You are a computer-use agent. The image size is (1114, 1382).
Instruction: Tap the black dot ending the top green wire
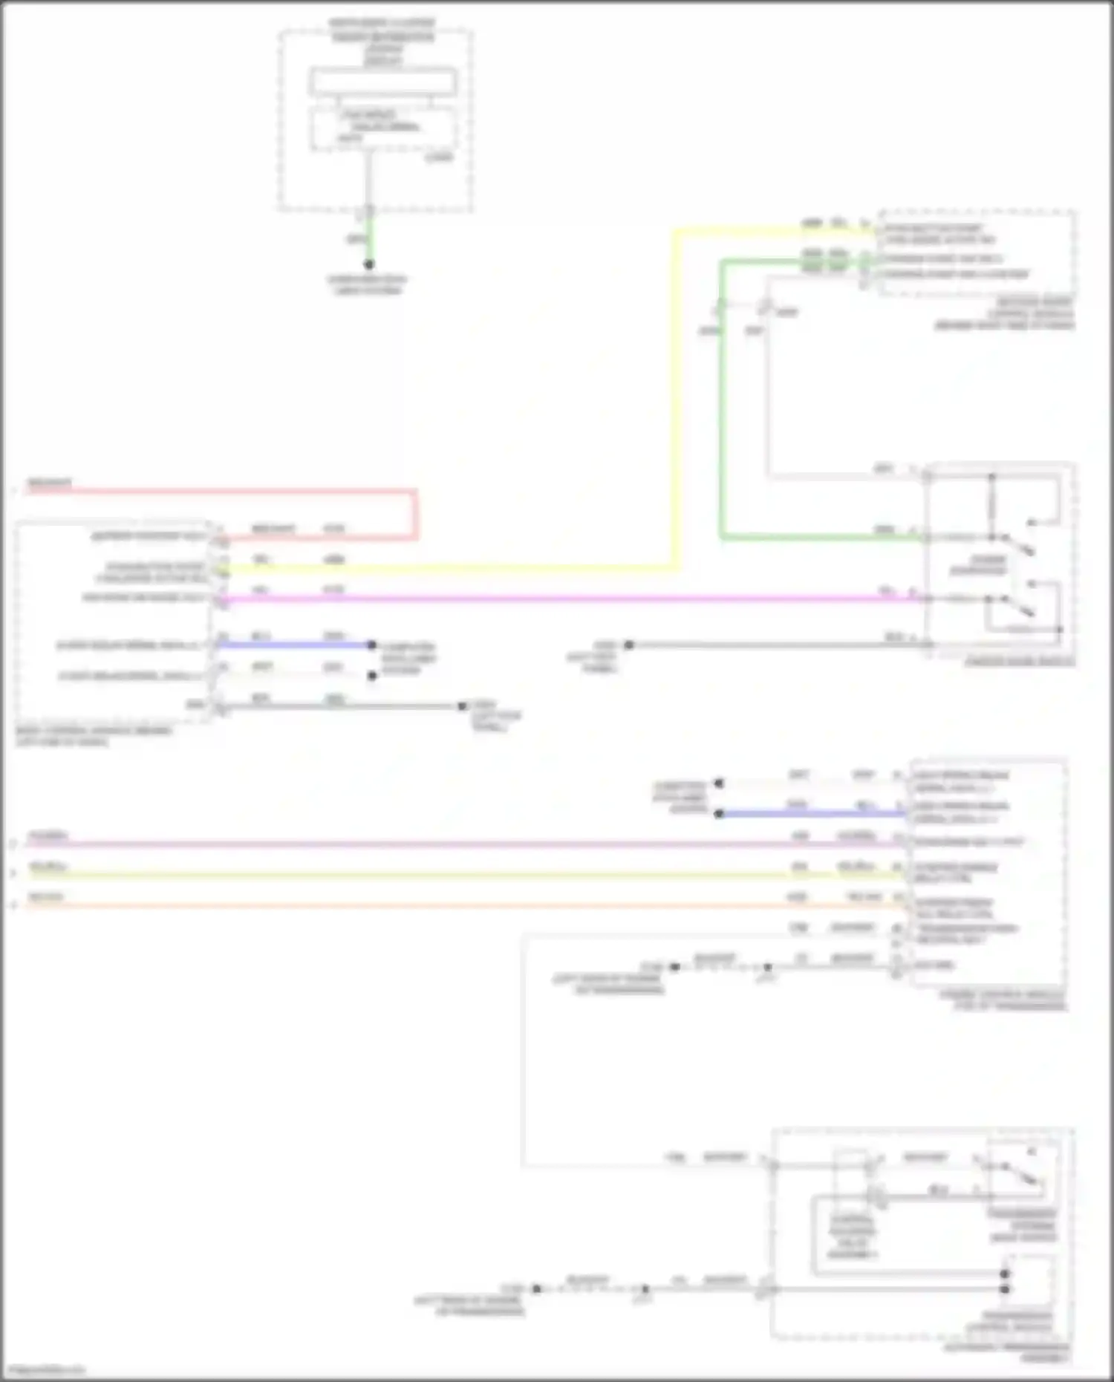coord(369,264)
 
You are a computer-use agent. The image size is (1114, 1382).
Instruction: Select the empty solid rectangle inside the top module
coord(382,82)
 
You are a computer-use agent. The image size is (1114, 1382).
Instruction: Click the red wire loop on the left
coord(415,512)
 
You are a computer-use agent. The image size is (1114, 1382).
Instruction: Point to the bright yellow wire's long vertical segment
coord(676,401)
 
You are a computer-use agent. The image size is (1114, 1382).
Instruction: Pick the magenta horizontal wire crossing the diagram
coord(564,599)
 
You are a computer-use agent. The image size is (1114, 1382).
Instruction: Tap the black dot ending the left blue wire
coord(372,645)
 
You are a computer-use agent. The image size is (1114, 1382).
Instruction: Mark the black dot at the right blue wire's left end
coord(719,814)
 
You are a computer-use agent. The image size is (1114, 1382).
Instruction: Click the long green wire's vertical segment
coord(721,401)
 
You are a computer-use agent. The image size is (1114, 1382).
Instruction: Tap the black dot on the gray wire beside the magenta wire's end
coord(629,645)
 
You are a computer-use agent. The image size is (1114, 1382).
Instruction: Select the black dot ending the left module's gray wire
coord(461,706)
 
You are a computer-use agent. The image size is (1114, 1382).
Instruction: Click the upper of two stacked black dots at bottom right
coord(1005,1274)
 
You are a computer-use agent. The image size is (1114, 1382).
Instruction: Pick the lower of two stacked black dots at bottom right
coord(1005,1289)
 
